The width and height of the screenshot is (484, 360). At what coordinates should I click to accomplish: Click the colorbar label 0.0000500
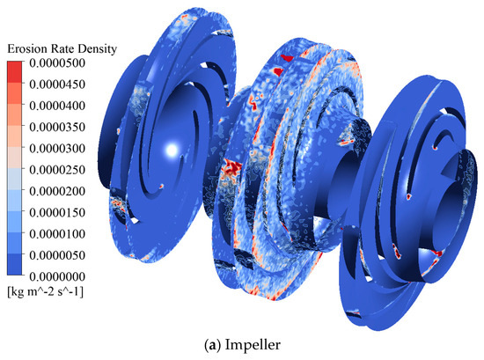(57, 63)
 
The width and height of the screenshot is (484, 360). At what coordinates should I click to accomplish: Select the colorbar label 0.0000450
(57, 84)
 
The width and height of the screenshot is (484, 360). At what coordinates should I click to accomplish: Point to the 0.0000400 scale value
(57, 106)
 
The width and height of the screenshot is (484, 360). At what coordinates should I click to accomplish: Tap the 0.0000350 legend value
(57, 127)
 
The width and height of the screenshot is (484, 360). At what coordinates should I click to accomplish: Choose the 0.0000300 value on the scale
(57, 149)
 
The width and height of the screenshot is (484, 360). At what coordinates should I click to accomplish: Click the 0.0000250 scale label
(57, 170)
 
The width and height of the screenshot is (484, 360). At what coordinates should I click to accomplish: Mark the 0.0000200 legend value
(57, 191)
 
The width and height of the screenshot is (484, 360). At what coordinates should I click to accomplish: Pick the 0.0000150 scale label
(57, 212)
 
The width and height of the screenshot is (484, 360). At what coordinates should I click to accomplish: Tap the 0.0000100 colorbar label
(57, 234)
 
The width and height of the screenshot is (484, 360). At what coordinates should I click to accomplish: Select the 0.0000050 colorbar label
(57, 255)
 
